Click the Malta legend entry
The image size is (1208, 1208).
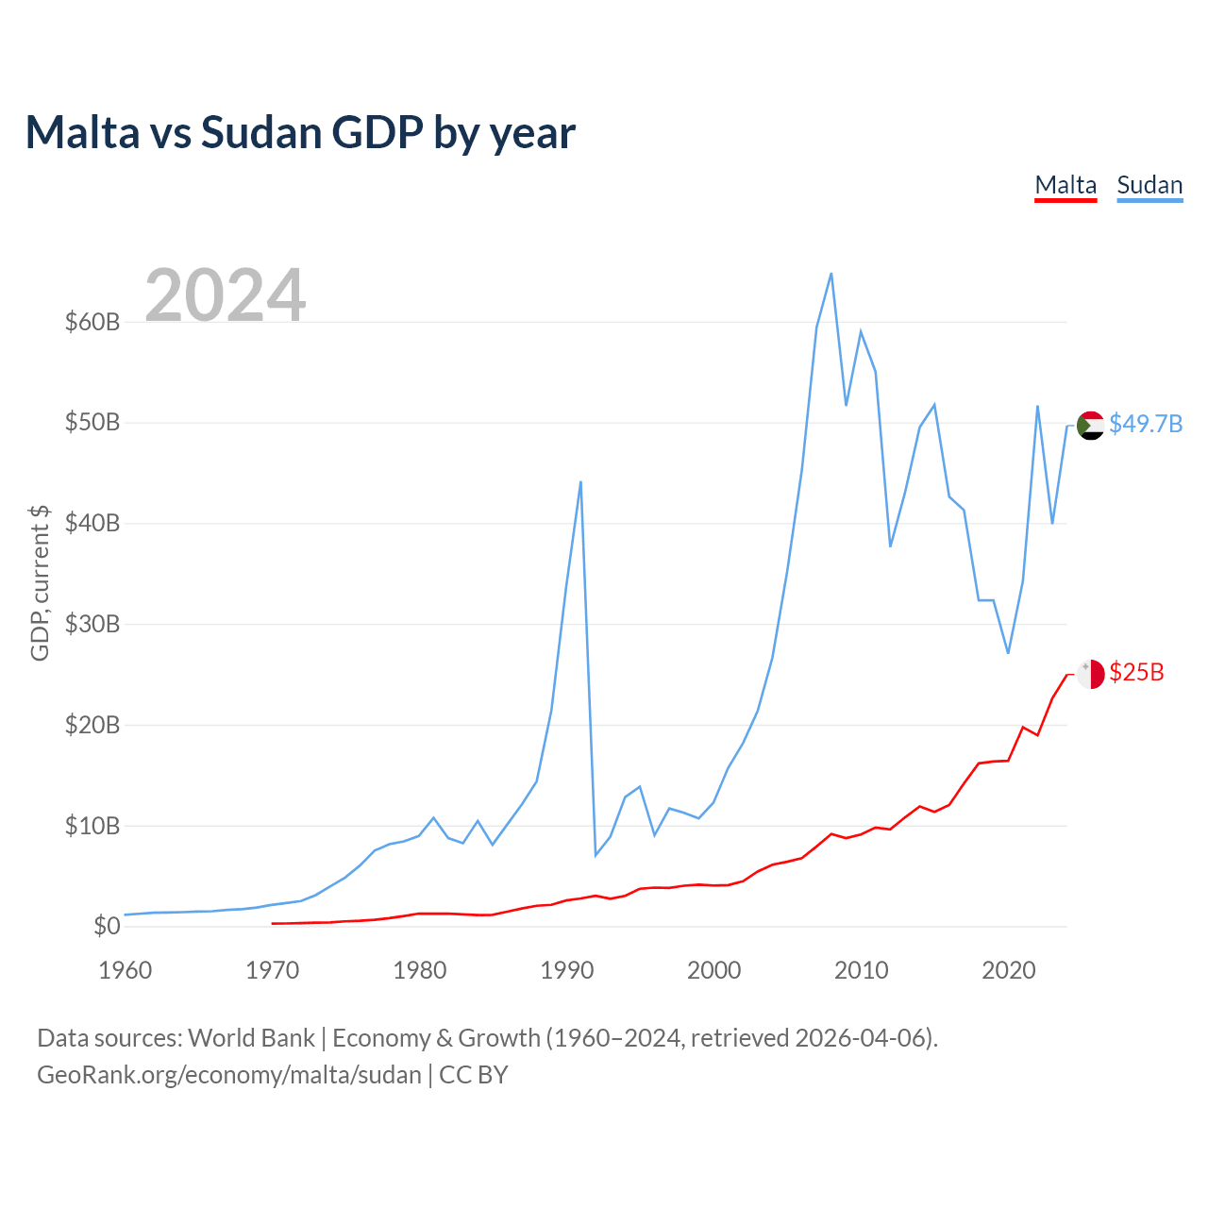click(x=1065, y=185)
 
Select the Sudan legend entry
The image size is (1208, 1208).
click(x=1149, y=185)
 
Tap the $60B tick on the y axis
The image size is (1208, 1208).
click(x=92, y=322)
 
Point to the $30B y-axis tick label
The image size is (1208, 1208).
click(x=92, y=624)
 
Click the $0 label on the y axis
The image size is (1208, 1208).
click(x=107, y=926)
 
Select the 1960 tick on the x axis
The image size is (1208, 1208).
click(x=126, y=970)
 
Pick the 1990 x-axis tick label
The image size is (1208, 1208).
click(x=566, y=970)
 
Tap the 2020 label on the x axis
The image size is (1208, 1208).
click(x=1008, y=970)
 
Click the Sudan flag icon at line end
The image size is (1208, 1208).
click(x=1090, y=426)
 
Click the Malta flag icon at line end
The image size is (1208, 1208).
click(x=1090, y=674)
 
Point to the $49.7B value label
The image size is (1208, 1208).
click(x=1146, y=424)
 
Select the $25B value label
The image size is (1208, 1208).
click(x=1136, y=672)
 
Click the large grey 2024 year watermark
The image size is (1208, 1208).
click(x=226, y=294)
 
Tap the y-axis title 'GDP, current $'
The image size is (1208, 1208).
click(x=40, y=582)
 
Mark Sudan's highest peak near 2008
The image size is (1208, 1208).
click(x=830, y=274)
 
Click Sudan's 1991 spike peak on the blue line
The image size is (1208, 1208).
click(x=580, y=482)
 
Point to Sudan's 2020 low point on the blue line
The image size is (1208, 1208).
click(x=1008, y=653)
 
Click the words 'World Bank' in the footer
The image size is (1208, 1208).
click(x=251, y=1038)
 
